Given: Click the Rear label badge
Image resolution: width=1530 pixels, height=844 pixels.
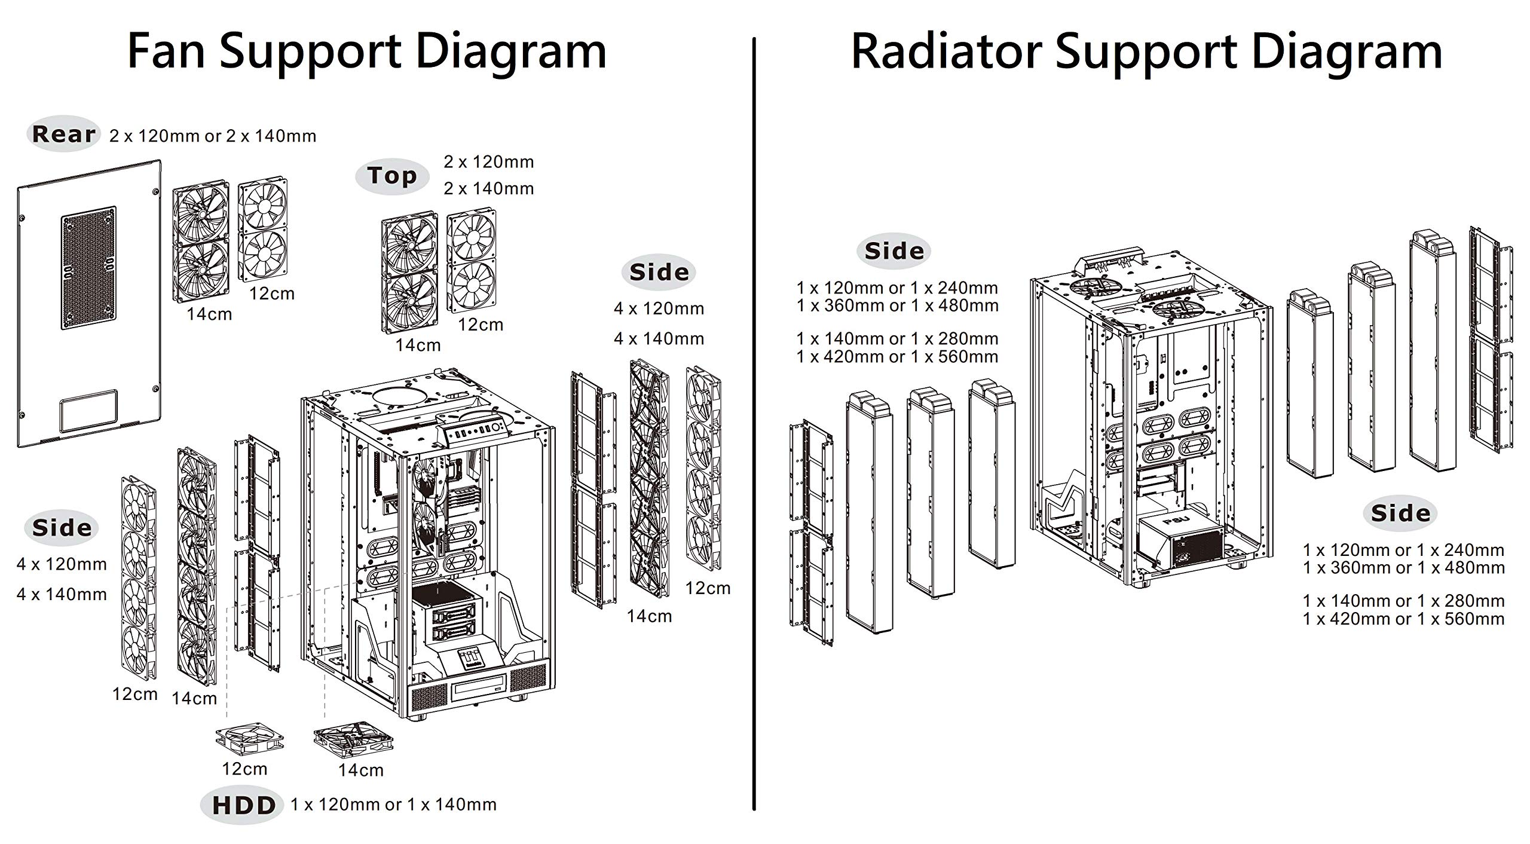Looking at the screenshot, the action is (x=64, y=134).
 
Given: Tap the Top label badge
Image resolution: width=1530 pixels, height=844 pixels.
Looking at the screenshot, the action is (x=392, y=176).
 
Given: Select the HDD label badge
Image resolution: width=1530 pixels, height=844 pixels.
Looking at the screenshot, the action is (x=243, y=806).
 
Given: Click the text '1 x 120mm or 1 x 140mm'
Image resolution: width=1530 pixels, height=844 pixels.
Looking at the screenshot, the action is (x=394, y=805).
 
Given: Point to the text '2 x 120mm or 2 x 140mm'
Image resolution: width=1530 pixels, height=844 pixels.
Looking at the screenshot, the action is (x=213, y=136).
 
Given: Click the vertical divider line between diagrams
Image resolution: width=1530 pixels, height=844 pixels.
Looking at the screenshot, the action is (x=754, y=423).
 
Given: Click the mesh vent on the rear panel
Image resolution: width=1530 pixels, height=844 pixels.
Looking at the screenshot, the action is (x=88, y=268).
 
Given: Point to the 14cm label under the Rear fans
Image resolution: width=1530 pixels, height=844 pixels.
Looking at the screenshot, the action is (x=209, y=314).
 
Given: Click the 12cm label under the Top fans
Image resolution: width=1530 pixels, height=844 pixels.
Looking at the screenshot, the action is (x=481, y=325).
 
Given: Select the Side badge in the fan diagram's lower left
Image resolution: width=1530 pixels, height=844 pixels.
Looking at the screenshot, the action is (x=62, y=528).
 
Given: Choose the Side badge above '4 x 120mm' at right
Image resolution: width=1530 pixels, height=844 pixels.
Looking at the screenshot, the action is (x=659, y=273).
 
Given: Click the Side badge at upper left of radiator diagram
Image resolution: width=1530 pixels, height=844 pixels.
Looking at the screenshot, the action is (x=894, y=251).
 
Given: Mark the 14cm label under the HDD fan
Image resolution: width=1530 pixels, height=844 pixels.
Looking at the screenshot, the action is (x=361, y=770).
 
